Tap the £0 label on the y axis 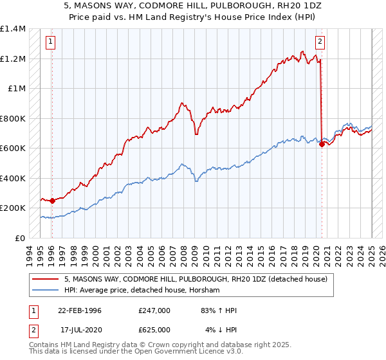point(20,238)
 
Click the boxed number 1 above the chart point(51,42)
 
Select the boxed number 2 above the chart point(320,42)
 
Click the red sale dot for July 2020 point(322,144)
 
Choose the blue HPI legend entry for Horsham point(142,291)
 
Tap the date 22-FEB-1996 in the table point(80,311)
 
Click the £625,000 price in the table point(154,329)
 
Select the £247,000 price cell point(154,311)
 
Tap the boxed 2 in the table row point(33,329)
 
